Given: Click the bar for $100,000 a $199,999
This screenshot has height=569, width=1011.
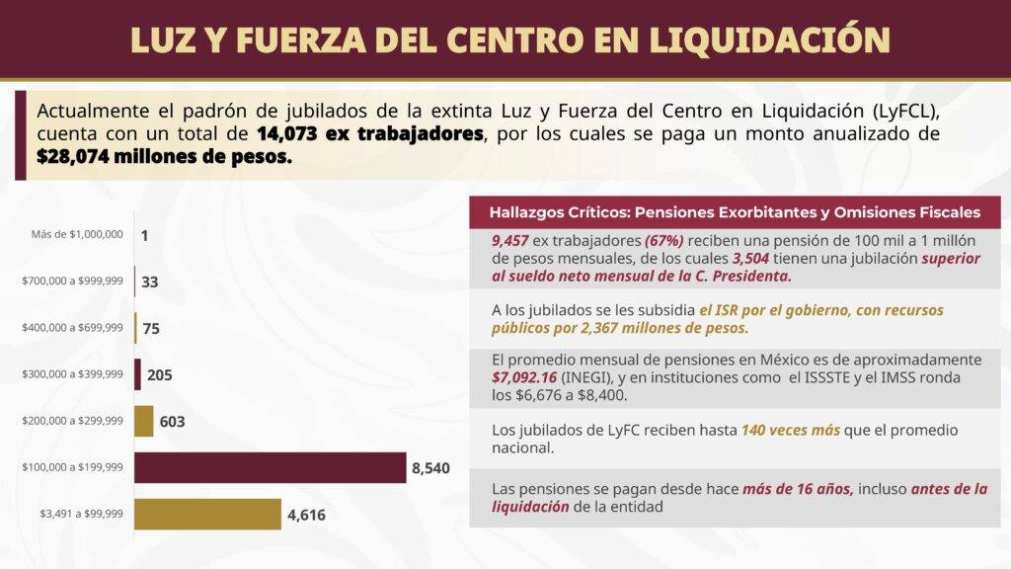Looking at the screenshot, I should click(x=270, y=467).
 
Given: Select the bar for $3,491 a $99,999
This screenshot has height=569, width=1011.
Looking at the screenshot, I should click(x=207, y=514).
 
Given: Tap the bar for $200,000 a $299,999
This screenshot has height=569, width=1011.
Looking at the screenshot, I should click(x=144, y=421).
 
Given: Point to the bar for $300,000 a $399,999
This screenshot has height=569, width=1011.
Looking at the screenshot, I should click(x=138, y=374).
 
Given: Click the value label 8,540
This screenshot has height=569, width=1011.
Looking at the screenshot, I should click(x=430, y=468).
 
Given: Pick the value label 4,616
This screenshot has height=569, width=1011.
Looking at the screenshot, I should click(x=306, y=515).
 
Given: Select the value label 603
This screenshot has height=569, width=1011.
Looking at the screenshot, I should click(x=172, y=422).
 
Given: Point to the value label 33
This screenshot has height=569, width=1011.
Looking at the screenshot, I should click(x=150, y=283).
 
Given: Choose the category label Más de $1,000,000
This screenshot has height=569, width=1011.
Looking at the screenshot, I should click(x=77, y=234).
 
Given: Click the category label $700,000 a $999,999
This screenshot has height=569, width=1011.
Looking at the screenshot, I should click(x=73, y=282).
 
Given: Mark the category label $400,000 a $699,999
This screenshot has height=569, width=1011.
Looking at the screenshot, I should click(x=73, y=328).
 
